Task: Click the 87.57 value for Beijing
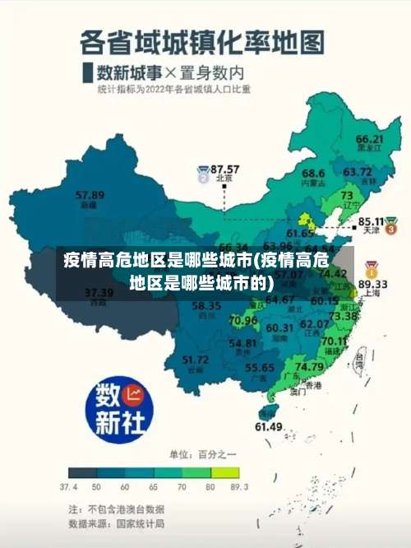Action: pos(225,168)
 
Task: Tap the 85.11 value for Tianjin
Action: pos(373,221)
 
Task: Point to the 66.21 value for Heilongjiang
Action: pos(370,139)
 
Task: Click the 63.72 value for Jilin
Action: pos(357,172)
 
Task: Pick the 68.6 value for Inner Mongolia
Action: pos(313,174)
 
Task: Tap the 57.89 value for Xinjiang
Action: pos(90,195)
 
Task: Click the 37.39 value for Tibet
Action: pos(99,292)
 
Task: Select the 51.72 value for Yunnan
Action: pos(195,359)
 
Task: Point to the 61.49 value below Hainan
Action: pos(269,426)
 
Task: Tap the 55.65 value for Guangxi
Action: pos(260,367)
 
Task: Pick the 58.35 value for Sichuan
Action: pos(206,306)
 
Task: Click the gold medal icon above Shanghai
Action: pos(372,269)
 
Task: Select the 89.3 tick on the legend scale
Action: pos(240,486)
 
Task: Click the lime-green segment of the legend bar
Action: pos(225,472)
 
